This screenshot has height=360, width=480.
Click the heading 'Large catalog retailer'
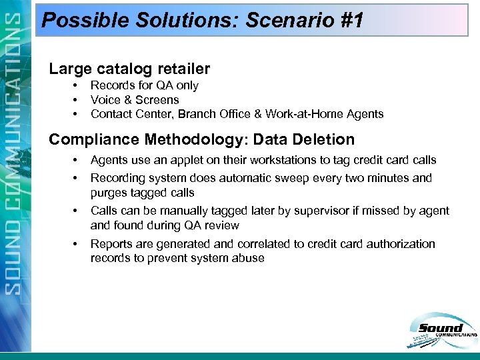coord(130,69)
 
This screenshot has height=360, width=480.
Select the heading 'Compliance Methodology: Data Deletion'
coord(202,139)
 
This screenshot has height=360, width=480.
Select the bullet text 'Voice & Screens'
coord(135,100)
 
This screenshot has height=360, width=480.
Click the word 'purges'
coord(108,193)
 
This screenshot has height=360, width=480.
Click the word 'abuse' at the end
coord(249,258)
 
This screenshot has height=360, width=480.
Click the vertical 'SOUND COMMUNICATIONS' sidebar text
coord(15,180)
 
